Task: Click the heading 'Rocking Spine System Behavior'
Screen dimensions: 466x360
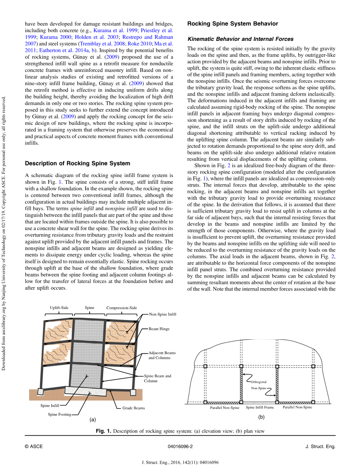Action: point(233,24)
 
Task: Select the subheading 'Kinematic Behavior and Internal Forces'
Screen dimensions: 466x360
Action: point(240,39)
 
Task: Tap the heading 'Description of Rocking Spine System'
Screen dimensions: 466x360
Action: point(77,163)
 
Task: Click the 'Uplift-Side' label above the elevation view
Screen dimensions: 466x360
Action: point(59,308)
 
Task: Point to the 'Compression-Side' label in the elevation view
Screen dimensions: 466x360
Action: point(121,308)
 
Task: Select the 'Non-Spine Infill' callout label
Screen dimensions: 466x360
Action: point(163,314)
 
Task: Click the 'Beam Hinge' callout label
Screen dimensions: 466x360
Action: point(159,329)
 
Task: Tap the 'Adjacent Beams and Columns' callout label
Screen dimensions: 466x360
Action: point(162,355)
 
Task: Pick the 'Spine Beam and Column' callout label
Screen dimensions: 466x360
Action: point(157,378)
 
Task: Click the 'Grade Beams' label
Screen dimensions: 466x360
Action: point(133,408)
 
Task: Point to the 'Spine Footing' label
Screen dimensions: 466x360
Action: point(59,415)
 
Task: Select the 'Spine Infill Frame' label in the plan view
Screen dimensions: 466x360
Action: point(260,407)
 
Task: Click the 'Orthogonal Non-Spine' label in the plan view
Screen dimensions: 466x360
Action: point(259,385)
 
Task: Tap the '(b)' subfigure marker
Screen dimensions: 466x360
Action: point(261,417)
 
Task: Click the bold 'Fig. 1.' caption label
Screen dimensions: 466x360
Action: point(104,431)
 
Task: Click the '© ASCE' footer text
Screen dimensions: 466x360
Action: point(34,446)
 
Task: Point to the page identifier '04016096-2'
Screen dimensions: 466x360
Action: point(180,446)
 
